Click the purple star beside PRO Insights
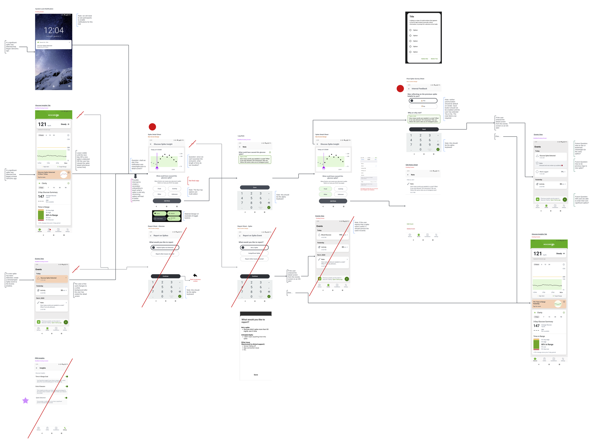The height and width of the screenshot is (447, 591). [25, 400]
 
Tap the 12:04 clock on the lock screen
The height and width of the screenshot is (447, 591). [54, 30]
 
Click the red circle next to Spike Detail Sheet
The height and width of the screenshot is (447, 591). [152, 127]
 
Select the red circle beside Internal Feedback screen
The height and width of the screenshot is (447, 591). [400, 88]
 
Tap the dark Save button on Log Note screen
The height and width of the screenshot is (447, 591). [255, 187]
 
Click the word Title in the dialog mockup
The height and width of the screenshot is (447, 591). [412, 17]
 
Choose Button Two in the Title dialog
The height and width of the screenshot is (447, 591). [434, 59]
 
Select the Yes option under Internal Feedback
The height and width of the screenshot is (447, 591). [423, 101]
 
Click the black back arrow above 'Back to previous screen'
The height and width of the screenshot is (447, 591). [195, 275]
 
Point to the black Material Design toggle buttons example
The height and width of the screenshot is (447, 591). [167, 216]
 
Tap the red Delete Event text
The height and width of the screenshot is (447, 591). [411, 229]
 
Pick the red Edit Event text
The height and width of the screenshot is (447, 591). [410, 224]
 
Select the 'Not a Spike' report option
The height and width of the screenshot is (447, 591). [254, 248]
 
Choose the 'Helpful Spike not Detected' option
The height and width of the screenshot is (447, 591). [165, 248]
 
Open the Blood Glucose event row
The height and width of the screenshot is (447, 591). [332, 236]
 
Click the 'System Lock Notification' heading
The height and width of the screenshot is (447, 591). [44, 9]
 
